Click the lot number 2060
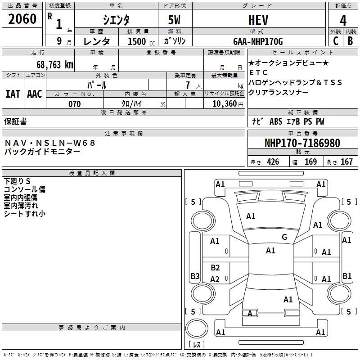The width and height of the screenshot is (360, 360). click(22, 19)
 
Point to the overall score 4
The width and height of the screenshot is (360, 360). click(343, 20)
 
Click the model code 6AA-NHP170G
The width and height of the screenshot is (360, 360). click(258, 41)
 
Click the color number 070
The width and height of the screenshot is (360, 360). click(75, 104)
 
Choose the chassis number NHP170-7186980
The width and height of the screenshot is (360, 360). click(302, 143)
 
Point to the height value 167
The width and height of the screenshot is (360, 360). click(346, 162)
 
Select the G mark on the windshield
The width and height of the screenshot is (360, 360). click(284, 237)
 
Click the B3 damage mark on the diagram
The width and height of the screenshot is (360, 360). click(195, 276)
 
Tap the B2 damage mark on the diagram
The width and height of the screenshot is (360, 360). click(215, 268)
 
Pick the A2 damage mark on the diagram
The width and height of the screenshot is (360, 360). click(215, 279)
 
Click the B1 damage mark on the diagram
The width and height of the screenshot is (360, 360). click(346, 276)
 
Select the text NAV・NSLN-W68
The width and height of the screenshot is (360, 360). click(50, 143)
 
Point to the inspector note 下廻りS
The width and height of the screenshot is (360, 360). click(17, 181)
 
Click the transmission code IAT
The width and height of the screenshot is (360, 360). click(13, 94)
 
